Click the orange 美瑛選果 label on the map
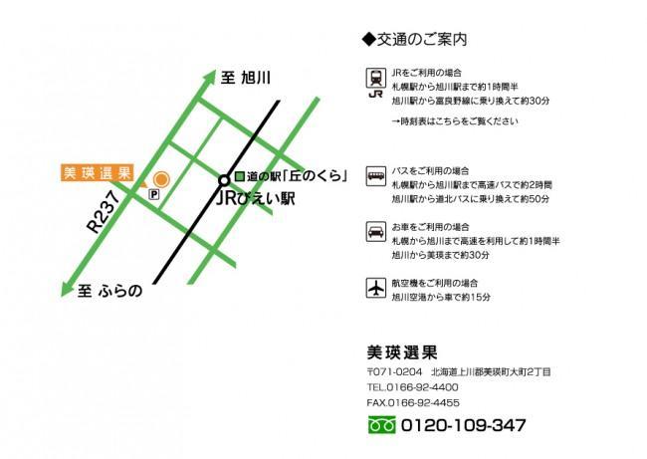(x=97, y=172)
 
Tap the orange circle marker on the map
(x=159, y=180)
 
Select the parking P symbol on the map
(x=153, y=197)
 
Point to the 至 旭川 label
(x=246, y=77)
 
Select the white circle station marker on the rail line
(x=223, y=180)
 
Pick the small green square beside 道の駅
(x=239, y=176)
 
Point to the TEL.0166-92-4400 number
(x=412, y=386)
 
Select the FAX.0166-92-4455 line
(x=412, y=402)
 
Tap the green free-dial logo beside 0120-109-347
(x=381, y=425)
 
